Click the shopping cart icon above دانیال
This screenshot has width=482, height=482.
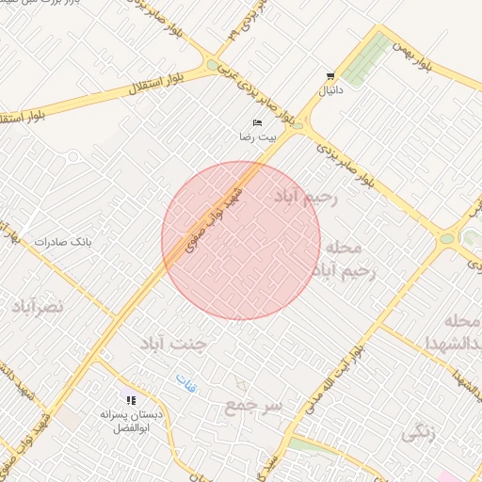click(x=329, y=76)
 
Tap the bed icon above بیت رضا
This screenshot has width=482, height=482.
click(x=257, y=123)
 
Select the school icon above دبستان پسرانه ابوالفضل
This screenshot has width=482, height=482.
click(x=131, y=400)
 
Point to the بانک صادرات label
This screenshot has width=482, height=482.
click(x=65, y=242)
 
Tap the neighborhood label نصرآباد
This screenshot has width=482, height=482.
click(x=38, y=307)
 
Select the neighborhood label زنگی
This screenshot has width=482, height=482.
click(x=419, y=434)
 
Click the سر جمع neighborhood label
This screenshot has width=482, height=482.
click(x=253, y=407)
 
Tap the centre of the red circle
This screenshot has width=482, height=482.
click(x=241, y=241)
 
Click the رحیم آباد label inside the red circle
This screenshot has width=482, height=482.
click(x=305, y=197)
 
